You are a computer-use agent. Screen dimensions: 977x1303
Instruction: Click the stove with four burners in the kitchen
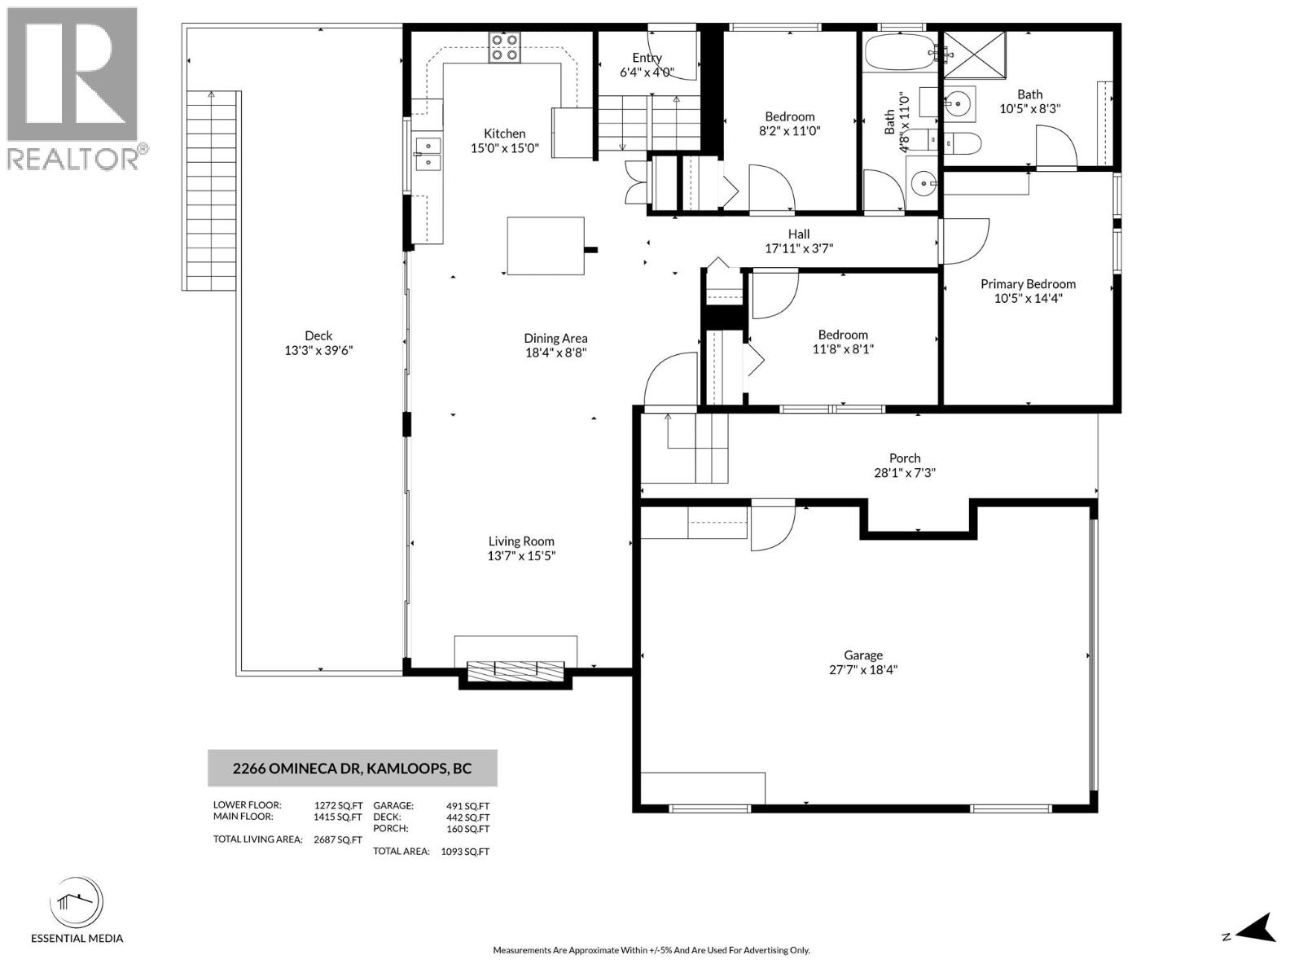click(x=504, y=47)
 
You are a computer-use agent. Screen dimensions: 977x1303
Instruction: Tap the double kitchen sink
click(x=427, y=154)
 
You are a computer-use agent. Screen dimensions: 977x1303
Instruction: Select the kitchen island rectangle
click(x=546, y=246)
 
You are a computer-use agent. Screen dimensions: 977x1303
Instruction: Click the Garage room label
click(x=863, y=655)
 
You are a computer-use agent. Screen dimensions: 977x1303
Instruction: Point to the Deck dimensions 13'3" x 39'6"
click(x=318, y=350)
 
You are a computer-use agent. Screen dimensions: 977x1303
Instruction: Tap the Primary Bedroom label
click(x=1028, y=283)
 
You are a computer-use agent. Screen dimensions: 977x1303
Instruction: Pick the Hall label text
click(x=799, y=234)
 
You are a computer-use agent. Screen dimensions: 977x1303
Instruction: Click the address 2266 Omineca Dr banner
click(x=352, y=768)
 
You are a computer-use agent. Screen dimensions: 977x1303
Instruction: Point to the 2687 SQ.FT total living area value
click(x=337, y=839)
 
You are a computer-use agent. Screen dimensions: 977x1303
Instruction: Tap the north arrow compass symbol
click(x=1258, y=928)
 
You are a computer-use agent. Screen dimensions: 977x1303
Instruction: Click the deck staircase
click(x=211, y=191)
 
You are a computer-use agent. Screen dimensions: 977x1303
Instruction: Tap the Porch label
click(x=905, y=458)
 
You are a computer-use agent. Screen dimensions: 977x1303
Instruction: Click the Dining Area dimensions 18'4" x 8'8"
click(x=556, y=353)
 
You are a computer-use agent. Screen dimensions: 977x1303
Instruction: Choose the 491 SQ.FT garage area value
click(x=467, y=806)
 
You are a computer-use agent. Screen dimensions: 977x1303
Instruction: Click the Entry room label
click(x=647, y=57)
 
